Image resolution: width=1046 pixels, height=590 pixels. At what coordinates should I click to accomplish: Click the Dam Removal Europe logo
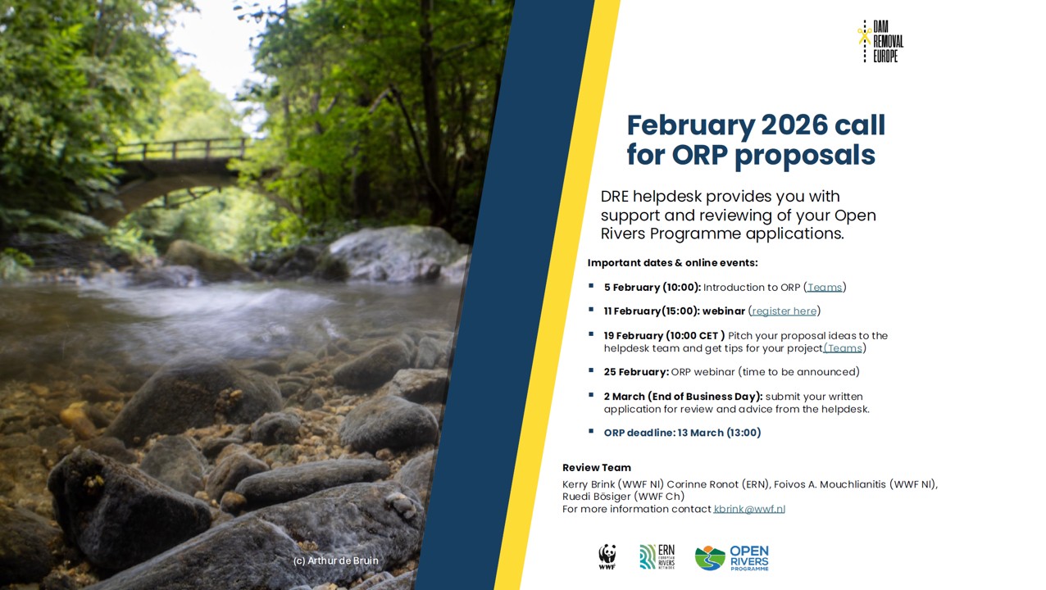pos(880,41)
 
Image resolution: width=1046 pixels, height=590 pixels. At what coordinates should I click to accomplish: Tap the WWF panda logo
pos(607,557)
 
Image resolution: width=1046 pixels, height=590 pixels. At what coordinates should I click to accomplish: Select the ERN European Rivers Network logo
pos(657,557)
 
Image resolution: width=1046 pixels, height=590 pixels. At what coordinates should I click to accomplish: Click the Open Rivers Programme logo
pos(732,558)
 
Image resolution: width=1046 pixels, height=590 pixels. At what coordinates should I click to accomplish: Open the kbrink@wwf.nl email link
pos(749,509)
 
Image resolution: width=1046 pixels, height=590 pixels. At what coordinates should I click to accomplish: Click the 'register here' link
pos(784,311)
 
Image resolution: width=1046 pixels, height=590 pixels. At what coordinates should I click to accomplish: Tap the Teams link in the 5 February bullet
pos(825,287)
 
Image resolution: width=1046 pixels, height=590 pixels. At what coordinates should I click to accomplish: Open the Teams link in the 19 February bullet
pos(844,347)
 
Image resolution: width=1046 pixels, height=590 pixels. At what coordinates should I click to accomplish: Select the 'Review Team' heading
pos(596,467)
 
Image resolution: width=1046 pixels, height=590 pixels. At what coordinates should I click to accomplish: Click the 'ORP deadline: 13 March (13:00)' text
pos(682,433)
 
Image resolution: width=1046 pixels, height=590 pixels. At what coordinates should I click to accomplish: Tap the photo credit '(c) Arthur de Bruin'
pos(336,560)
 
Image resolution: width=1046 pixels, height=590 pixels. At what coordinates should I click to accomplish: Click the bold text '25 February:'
pos(636,372)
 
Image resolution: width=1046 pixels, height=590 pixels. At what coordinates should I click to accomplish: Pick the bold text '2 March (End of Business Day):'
pos(683,397)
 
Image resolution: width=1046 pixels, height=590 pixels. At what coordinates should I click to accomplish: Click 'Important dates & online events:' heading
pos(672,263)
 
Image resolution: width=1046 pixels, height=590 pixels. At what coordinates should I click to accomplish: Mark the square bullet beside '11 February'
pos(591,310)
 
